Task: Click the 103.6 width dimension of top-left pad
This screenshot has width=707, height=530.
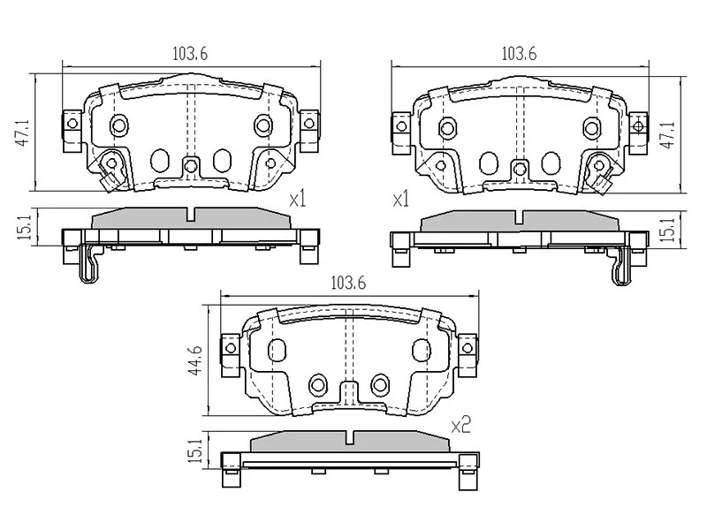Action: point(189,54)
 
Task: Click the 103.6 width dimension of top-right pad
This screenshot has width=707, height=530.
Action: point(519,53)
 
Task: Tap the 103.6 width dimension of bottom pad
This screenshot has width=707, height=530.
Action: point(347,284)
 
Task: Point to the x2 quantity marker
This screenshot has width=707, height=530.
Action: point(460,426)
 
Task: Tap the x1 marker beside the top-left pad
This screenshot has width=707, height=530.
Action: point(297,201)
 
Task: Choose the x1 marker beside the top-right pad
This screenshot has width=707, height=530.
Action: point(401,201)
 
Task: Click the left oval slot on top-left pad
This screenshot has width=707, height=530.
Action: point(160,160)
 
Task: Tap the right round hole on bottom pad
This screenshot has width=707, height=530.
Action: point(381,383)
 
